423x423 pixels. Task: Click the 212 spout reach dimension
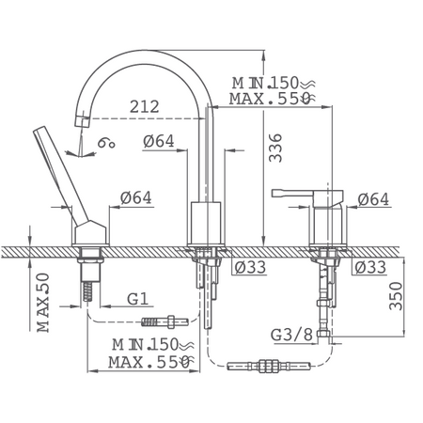point(145,107)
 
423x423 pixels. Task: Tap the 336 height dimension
point(275,148)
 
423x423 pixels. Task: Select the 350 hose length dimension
point(396,296)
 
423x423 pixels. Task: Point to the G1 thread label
point(137,299)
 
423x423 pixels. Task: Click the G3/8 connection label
point(291,335)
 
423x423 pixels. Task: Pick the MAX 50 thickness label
point(43,303)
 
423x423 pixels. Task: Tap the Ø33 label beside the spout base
point(250,267)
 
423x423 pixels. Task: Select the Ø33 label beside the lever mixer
point(370,267)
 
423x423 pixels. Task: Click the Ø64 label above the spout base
point(159,141)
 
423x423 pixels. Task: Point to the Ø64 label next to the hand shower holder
point(135,197)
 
